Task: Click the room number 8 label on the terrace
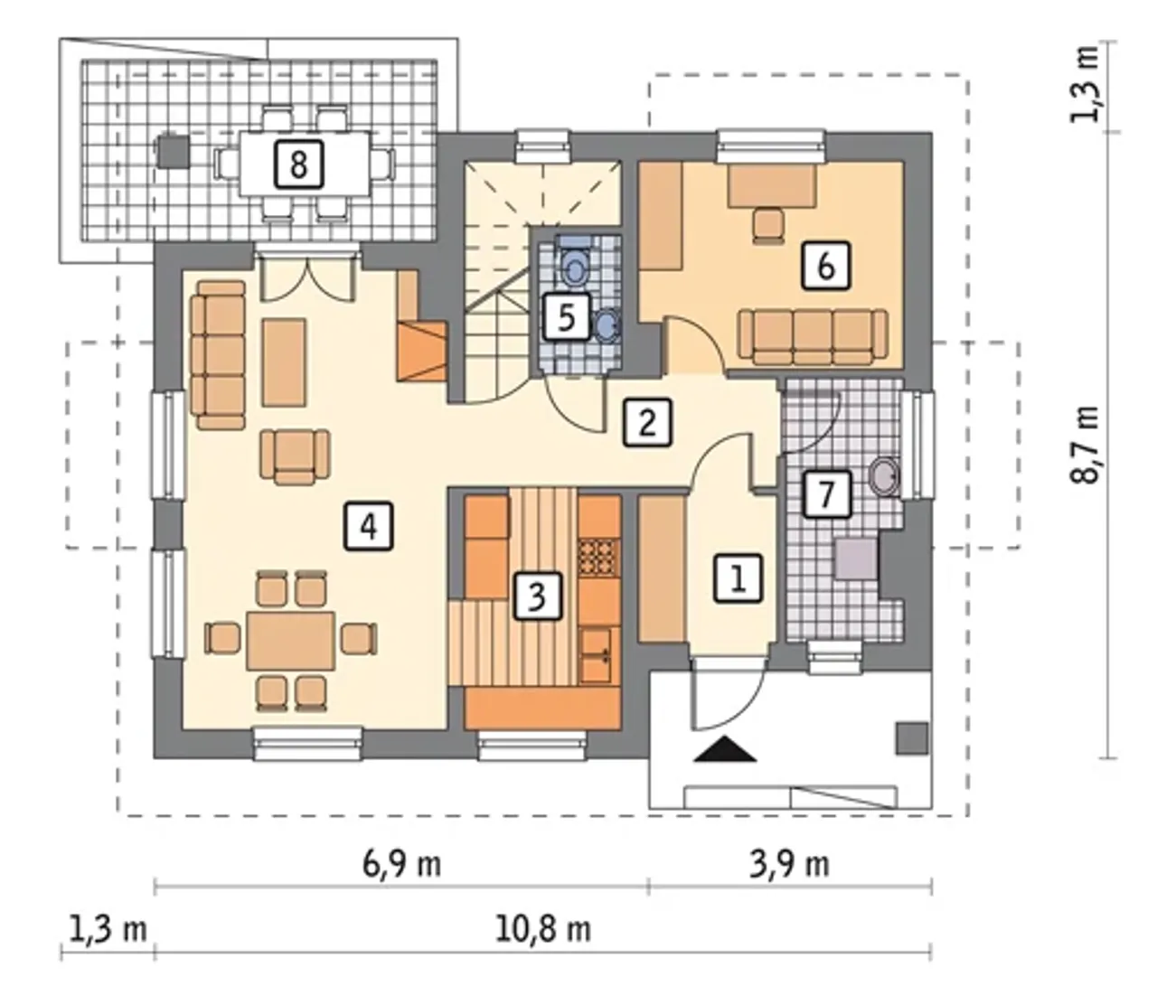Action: point(298,164)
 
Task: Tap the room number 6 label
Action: point(825,266)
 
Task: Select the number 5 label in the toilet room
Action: point(566,317)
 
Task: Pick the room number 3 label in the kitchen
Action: point(536,596)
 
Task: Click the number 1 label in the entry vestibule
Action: point(738,578)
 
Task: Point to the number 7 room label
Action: point(826,494)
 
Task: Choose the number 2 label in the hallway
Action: point(647,422)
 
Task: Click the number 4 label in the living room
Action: point(368,527)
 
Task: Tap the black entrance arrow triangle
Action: point(725,749)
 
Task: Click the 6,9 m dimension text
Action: point(401,865)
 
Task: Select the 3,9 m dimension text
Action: point(789,865)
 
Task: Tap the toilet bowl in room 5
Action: point(575,265)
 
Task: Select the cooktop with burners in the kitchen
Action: point(599,559)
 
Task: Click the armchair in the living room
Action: point(296,456)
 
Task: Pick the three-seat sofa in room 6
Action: point(813,335)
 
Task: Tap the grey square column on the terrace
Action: point(173,151)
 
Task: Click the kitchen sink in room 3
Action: point(599,654)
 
